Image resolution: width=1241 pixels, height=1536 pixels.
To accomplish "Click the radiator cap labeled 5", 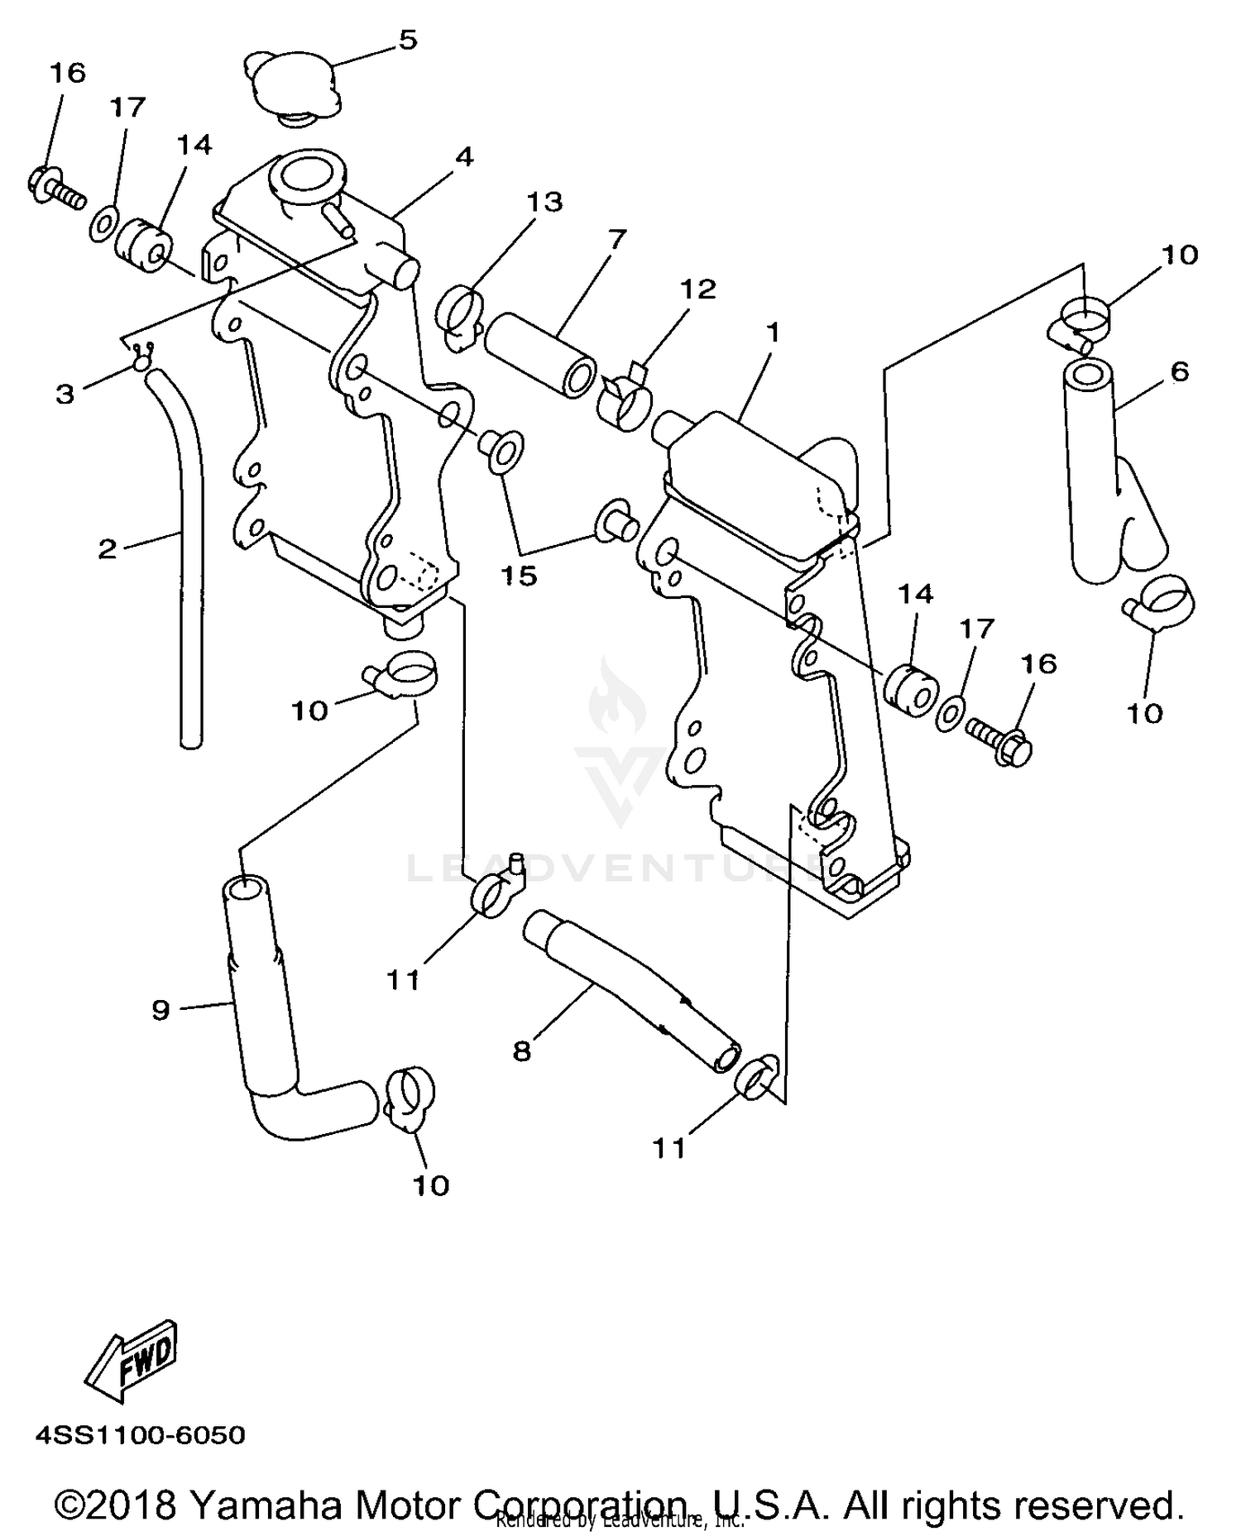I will (x=294, y=89).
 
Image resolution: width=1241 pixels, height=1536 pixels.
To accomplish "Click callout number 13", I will (x=545, y=202).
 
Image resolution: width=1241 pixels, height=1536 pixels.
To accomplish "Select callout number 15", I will (x=519, y=576).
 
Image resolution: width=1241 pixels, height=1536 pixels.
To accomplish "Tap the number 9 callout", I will (x=161, y=1009).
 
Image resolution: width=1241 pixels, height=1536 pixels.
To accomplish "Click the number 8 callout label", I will (x=521, y=1052).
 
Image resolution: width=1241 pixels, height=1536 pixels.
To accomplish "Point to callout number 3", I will (x=65, y=394).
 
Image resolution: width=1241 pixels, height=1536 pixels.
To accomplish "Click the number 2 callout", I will (x=108, y=548).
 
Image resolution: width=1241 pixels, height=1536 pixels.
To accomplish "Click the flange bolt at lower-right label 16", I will (x=1001, y=739).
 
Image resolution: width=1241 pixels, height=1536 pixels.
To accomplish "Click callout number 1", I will (x=773, y=333).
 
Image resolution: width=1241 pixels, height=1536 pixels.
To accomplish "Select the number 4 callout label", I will (x=464, y=156).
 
